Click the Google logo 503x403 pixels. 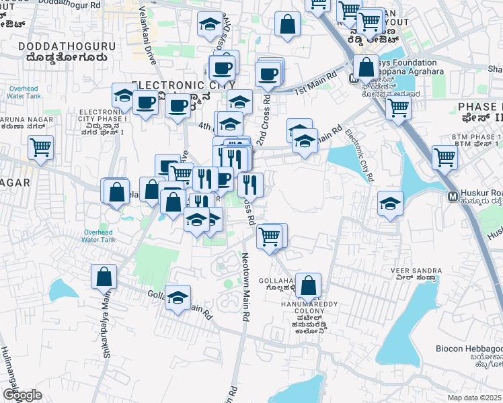click(x=22, y=395)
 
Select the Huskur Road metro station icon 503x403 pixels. click(x=453, y=196)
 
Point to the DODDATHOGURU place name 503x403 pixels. click(x=67, y=46)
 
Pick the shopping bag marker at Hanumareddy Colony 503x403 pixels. click(x=308, y=285)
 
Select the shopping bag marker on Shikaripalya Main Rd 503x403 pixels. click(x=104, y=276)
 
